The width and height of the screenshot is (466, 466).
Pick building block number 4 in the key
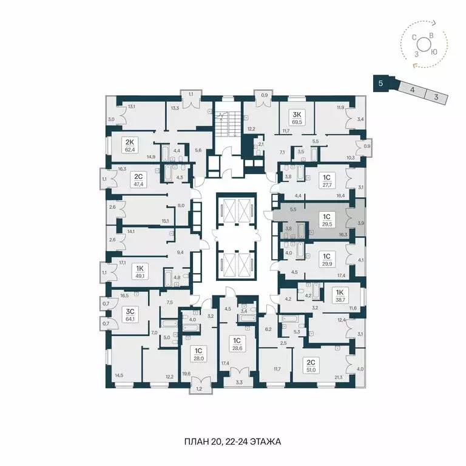click(412, 90)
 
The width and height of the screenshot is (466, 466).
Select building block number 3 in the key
click(436, 96)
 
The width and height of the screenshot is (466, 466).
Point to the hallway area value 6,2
click(268, 329)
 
